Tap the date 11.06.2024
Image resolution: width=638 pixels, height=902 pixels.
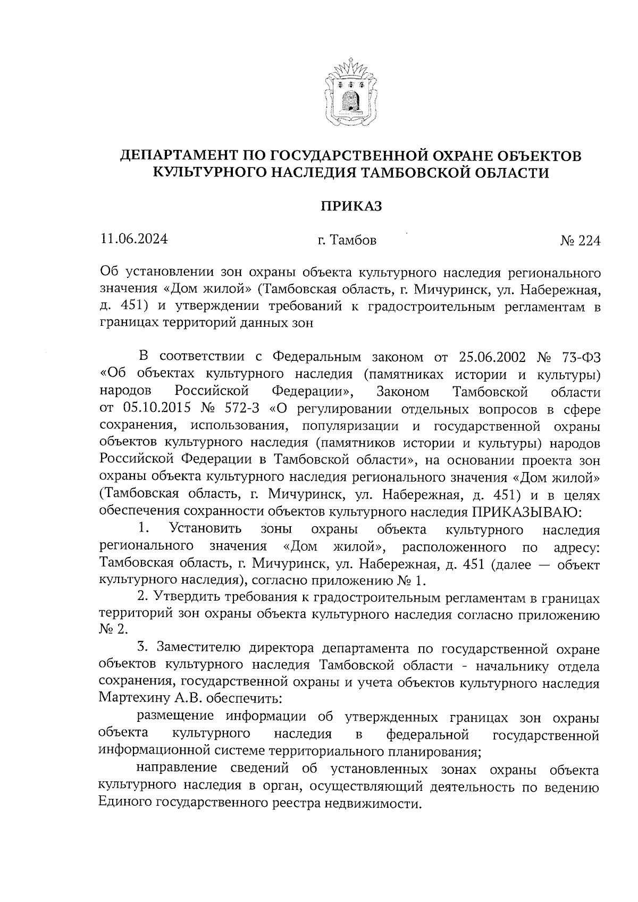[133, 239]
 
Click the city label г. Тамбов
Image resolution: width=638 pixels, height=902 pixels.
[347, 241]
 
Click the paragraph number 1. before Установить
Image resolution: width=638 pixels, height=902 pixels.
[142, 529]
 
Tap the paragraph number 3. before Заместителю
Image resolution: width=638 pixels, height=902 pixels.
[141, 648]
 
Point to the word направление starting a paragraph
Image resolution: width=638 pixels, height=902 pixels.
[177, 769]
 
